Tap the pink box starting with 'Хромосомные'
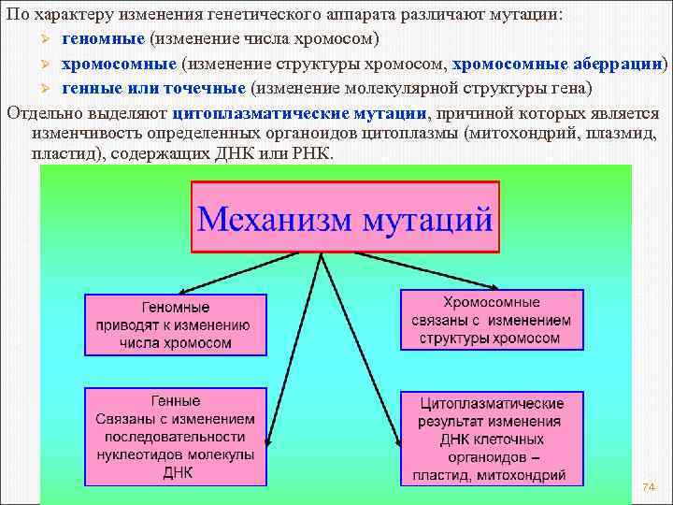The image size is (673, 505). click(492, 320)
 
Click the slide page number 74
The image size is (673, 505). click(649, 488)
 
